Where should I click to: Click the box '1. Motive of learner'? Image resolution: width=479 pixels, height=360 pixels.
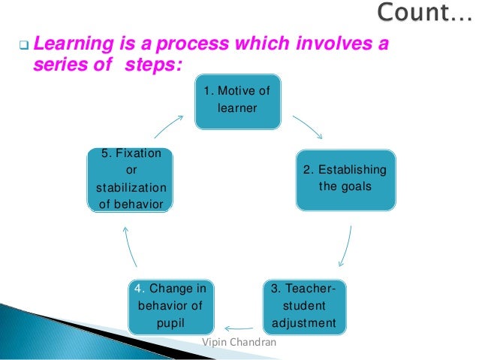pos(237,101)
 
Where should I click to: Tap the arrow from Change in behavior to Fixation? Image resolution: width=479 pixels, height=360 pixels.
pos(129,248)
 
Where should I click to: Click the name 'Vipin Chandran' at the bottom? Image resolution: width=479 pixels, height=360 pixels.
pos(239,343)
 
